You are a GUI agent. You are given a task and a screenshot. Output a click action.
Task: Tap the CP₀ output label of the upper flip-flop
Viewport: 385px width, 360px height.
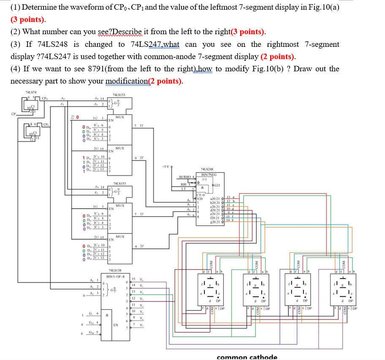[45, 100]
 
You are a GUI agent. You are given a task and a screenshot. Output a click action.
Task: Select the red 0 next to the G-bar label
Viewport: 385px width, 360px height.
[78, 117]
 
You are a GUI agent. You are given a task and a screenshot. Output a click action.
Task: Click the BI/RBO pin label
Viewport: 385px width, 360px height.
[187, 177]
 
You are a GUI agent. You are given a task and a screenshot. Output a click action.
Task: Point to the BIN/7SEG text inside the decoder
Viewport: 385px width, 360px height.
[209, 174]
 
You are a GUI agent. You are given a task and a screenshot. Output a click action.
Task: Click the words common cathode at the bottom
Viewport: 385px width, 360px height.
[247, 357]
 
